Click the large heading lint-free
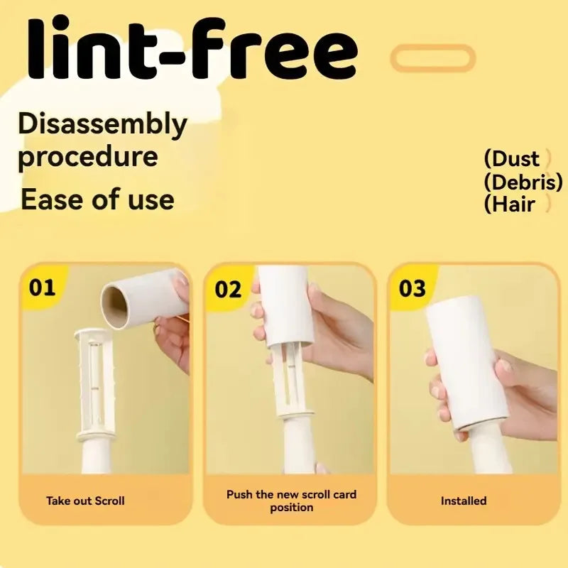click(x=192, y=46)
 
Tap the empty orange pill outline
click(x=432, y=46)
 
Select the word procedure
click(x=88, y=157)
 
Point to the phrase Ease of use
click(x=97, y=200)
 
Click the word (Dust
click(x=511, y=158)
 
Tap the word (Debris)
click(x=523, y=182)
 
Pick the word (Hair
click(x=509, y=204)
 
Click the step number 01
click(x=42, y=288)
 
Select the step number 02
click(x=228, y=290)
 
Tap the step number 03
click(x=413, y=289)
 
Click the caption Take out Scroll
click(x=85, y=501)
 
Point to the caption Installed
click(x=464, y=501)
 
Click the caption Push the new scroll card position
click(x=292, y=501)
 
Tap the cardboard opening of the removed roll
click(x=114, y=307)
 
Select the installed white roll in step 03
click(x=467, y=364)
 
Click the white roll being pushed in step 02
click(x=286, y=306)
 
